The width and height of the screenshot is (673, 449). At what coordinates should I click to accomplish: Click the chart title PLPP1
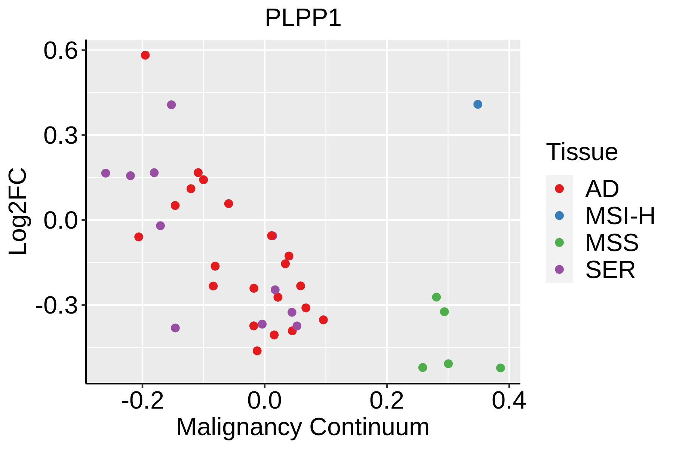(303, 18)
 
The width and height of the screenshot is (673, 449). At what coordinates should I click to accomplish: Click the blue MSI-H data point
(477, 104)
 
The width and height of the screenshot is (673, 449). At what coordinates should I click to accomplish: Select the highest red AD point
(145, 55)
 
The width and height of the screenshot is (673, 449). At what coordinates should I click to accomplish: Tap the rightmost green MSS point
(500, 368)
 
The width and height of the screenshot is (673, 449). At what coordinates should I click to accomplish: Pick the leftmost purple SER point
(106, 173)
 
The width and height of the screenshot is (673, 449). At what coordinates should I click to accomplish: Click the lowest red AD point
(257, 351)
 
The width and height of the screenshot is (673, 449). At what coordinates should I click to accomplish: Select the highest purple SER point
(171, 105)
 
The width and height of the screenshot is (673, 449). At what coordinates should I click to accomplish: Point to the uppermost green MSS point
(436, 297)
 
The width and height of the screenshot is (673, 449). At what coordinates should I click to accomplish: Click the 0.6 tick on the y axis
(60, 51)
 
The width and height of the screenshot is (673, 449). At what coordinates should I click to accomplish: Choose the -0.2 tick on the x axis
(142, 401)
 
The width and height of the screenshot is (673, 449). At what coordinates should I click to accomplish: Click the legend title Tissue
(582, 152)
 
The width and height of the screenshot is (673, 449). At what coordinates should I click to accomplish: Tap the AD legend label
(602, 189)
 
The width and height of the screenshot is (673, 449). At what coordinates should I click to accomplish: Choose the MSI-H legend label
(620, 216)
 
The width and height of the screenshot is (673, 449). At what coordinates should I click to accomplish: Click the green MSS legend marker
(559, 242)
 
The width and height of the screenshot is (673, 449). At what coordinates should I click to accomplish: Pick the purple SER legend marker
(559, 269)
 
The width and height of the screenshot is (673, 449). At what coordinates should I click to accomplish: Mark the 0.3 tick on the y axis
(60, 136)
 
